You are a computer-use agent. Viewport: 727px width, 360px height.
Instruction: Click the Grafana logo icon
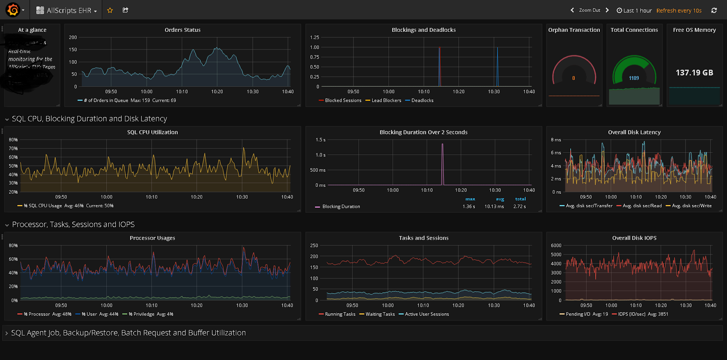coord(13,10)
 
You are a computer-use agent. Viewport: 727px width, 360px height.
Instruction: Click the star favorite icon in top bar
coord(110,10)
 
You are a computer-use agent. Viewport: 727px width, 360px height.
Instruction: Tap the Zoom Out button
coord(589,10)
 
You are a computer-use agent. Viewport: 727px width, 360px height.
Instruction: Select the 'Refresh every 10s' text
coord(679,10)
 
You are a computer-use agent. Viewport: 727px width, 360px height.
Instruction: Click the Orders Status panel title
coord(182,30)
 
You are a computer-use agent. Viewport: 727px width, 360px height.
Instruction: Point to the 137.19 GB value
coord(694,73)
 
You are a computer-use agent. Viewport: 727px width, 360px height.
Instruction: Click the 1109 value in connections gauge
coord(634,78)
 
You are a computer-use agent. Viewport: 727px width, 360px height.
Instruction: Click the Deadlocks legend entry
coord(422,100)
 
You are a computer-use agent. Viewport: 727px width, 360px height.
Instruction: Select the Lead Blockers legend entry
coord(386,100)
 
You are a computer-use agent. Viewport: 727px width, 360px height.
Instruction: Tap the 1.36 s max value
coord(469,206)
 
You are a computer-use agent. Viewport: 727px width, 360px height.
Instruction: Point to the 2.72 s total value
coord(519,206)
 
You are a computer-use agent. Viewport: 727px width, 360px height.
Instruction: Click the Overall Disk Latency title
coord(634,132)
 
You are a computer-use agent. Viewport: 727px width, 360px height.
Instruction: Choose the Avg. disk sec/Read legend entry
coord(642,206)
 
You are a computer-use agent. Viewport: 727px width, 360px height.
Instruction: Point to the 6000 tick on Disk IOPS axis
coord(556,245)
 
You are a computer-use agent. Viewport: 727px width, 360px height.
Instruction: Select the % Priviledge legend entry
coord(144,314)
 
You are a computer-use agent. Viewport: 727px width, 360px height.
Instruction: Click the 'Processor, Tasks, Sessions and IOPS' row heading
coord(73,225)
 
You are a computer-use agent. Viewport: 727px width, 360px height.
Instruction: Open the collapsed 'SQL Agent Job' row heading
coord(128,333)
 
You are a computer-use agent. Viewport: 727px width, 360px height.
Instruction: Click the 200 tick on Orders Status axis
coord(73,37)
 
